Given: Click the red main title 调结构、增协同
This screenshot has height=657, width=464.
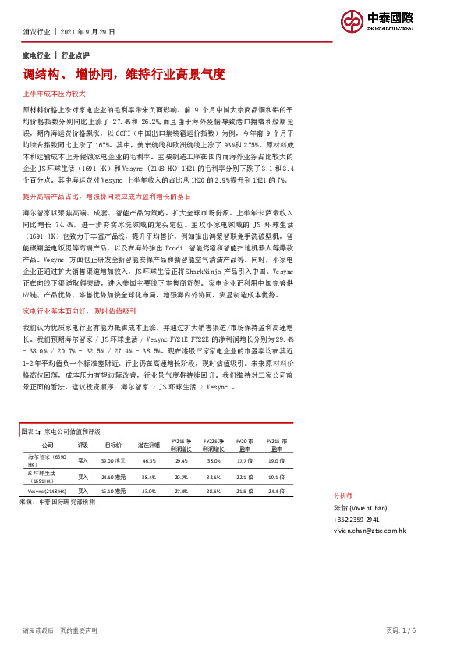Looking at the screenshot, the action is tap(124, 75).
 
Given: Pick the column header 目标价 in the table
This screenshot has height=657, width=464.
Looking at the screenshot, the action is tap(114, 444).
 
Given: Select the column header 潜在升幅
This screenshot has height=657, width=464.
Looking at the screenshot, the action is tap(149, 444).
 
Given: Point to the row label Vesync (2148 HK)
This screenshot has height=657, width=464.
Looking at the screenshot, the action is tap(46, 491).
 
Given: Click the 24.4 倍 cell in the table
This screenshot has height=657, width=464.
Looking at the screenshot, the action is tap(275, 491).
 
